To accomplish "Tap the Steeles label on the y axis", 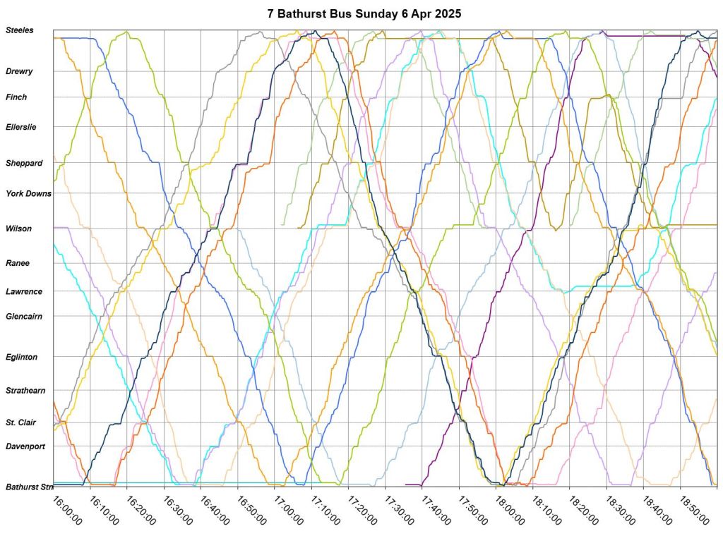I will click(x=19, y=30).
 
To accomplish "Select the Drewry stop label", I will click(x=19, y=71).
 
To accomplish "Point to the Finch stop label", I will click(x=16, y=97).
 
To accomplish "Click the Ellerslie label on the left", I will click(x=20, y=127).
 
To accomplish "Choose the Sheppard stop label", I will click(x=24, y=163).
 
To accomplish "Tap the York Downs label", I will click(x=28, y=193).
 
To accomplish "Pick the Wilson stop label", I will click(x=18, y=229).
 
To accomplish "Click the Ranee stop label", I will click(x=18, y=263).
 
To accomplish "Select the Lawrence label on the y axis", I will click(x=24, y=291).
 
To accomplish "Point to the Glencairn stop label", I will click(x=24, y=317).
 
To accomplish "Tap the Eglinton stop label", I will click(x=22, y=357).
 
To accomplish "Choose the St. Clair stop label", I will click(x=21, y=422).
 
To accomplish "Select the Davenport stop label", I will click(x=25, y=446).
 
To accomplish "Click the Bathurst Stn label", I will click(x=28, y=487).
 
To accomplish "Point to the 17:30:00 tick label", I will click(x=400, y=508).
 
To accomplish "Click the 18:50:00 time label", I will click(x=695, y=508).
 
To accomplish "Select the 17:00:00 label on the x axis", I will click(x=289, y=508).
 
